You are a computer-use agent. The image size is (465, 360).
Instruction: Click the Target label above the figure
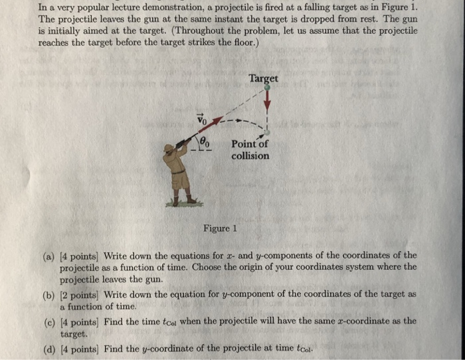coord(263,78)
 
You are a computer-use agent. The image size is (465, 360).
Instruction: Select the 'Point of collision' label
coord(250,150)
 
